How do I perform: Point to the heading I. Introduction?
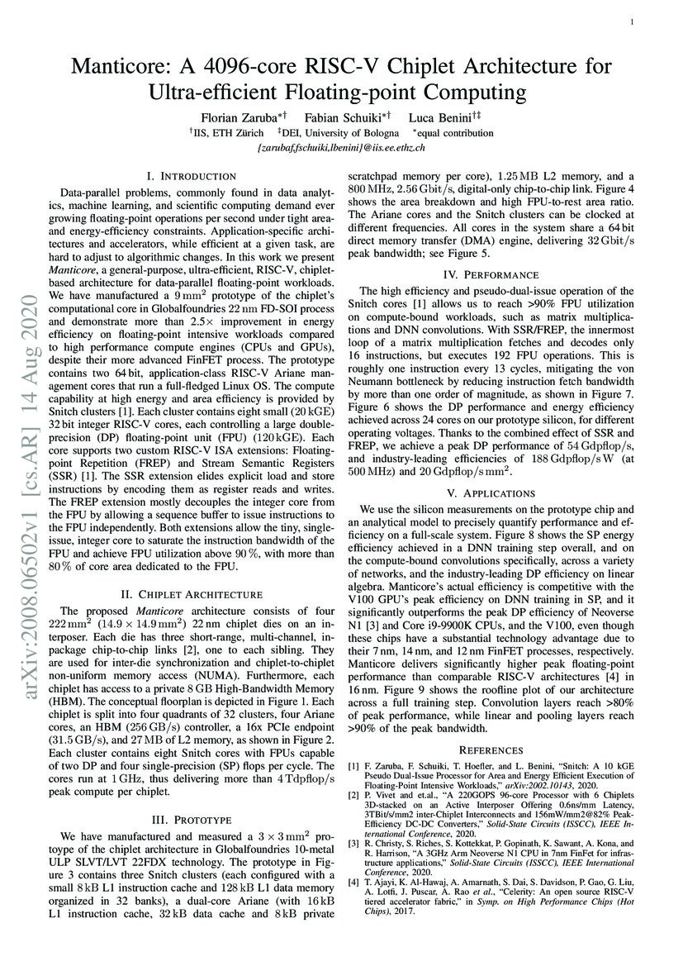coord(191,176)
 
